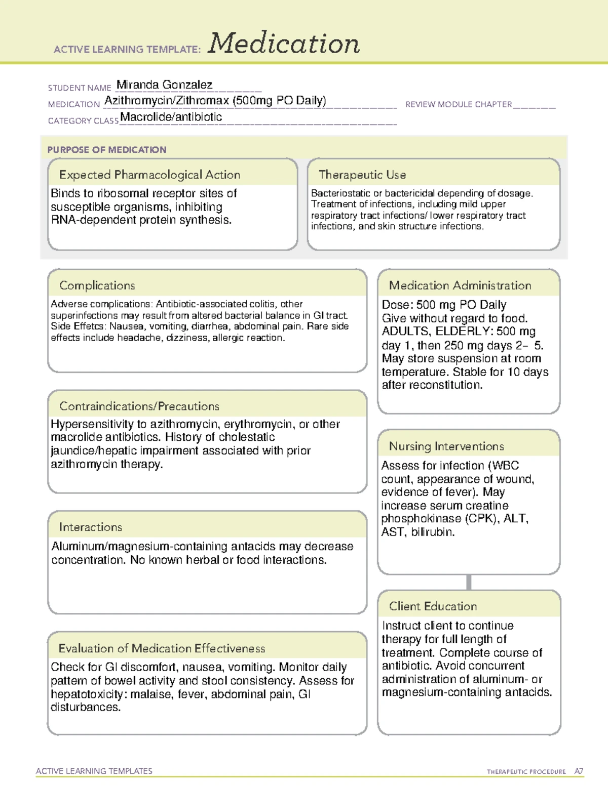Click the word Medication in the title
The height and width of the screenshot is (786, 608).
pyautogui.click(x=284, y=44)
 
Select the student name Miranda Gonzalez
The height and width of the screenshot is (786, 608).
pyautogui.click(x=164, y=85)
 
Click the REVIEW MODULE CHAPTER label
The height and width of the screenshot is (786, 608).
pyautogui.click(x=459, y=104)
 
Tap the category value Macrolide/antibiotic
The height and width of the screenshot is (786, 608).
pyautogui.click(x=171, y=117)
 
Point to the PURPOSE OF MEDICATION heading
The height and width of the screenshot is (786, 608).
pyautogui.click(x=106, y=150)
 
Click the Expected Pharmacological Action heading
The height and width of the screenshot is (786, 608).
pyautogui.click(x=149, y=175)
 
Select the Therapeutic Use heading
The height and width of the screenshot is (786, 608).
pyautogui.click(x=362, y=175)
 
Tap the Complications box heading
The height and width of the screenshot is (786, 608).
pyautogui.click(x=97, y=285)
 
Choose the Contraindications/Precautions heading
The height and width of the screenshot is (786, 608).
pyautogui.click(x=139, y=406)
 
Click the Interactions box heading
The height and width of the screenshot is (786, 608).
pyautogui.click(x=90, y=527)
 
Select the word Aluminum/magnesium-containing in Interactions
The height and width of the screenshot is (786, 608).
pyautogui.click(x=139, y=547)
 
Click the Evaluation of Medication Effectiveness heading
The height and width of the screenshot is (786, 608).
pyautogui.click(x=162, y=648)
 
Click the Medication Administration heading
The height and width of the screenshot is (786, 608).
pyautogui.click(x=460, y=285)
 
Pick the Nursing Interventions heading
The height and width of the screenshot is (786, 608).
pyautogui.click(x=446, y=446)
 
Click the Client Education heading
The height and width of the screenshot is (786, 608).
pyautogui.click(x=433, y=606)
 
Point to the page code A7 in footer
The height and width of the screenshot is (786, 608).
pyautogui.click(x=578, y=771)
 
